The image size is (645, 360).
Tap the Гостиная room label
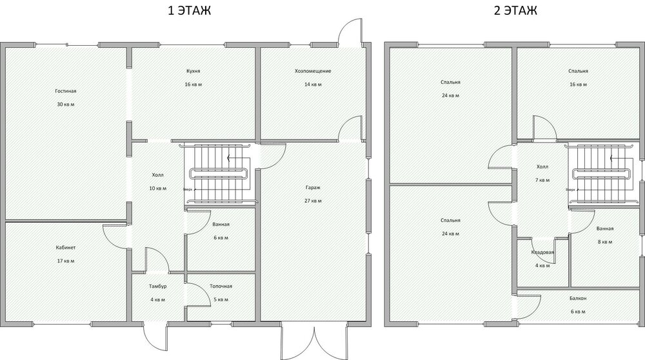pos(61,92)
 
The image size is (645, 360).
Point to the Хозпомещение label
pos(312,71)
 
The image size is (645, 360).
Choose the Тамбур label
pos(158,286)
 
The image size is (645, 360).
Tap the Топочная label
pos(221,286)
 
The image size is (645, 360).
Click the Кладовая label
pos(542,252)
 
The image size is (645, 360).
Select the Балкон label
pos(578,298)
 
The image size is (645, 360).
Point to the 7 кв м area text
pos(542,180)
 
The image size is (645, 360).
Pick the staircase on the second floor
pos(600,173)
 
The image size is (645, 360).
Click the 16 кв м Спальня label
pos(578,71)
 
